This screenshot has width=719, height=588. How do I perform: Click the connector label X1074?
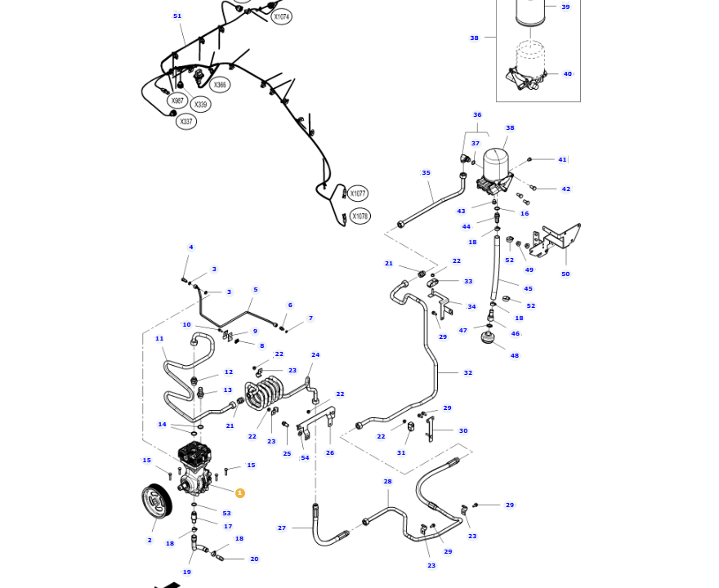click(281, 16)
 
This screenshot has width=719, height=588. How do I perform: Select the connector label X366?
click(219, 85)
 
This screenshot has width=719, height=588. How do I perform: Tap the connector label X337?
click(186, 122)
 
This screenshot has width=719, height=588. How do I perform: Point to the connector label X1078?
click(359, 216)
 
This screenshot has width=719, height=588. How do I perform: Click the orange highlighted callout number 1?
click(239, 493)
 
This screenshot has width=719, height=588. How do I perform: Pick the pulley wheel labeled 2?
click(156, 501)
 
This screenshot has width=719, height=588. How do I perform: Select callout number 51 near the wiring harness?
click(177, 16)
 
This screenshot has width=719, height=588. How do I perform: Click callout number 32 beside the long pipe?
click(468, 373)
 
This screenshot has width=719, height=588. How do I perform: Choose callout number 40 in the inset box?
click(568, 74)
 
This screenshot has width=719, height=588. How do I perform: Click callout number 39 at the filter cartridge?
click(565, 7)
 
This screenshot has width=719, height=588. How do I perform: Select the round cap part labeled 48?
click(489, 337)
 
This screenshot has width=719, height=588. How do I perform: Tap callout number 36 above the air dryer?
click(477, 115)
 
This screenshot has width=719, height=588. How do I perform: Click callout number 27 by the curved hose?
click(282, 528)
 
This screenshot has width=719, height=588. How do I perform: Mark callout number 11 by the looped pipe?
click(159, 339)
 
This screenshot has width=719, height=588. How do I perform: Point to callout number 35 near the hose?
click(426, 173)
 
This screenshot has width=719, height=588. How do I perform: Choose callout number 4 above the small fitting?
click(191, 247)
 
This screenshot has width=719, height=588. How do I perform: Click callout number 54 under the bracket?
click(305, 458)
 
